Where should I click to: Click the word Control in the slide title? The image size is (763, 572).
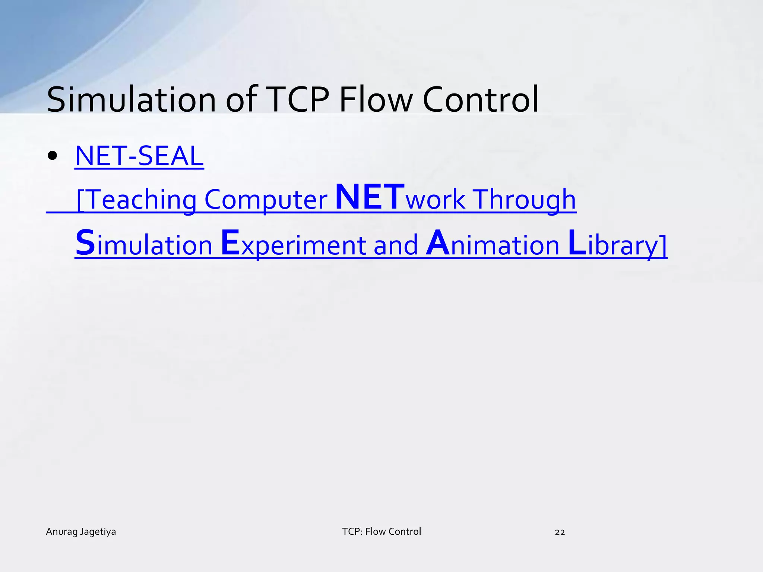tap(481, 100)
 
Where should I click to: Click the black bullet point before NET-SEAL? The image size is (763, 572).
tap(53, 156)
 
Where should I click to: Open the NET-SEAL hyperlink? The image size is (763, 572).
tap(139, 156)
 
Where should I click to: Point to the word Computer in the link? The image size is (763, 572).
tap(266, 200)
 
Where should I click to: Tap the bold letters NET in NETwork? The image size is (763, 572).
tap(370, 198)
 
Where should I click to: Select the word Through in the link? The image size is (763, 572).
tap(525, 200)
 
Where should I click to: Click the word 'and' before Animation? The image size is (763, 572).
tap(396, 245)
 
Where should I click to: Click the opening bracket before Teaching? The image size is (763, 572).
tap(80, 201)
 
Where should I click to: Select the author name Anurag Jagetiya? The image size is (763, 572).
tap(81, 532)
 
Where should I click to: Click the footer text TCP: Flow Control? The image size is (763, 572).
tap(381, 532)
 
